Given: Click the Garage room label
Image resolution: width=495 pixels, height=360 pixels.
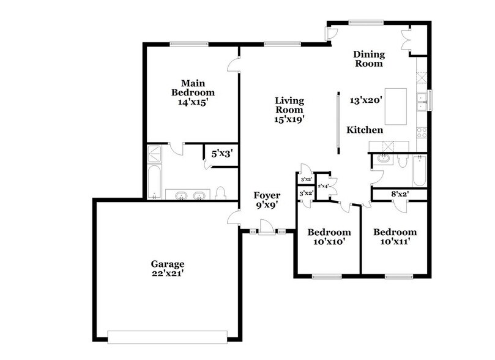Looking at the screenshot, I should (168, 264).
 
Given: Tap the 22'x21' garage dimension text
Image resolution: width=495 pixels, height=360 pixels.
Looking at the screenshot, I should (168, 274).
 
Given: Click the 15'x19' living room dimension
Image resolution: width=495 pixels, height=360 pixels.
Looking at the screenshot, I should (289, 120).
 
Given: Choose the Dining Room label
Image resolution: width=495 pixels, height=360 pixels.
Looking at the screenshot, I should (368, 59).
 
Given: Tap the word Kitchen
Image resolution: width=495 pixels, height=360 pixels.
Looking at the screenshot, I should (365, 130).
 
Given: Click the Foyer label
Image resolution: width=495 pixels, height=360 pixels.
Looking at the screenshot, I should (267, 196).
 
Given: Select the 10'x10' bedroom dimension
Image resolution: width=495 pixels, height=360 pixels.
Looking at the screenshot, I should (329, 241).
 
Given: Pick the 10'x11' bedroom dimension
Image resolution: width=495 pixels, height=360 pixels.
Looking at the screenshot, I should (395, 241).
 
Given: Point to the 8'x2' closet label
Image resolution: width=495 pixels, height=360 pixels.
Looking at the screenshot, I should (400, 195).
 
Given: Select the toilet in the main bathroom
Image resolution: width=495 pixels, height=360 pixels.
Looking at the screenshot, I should (221, 193).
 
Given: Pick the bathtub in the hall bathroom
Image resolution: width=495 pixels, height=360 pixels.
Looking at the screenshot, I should (419, 172).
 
